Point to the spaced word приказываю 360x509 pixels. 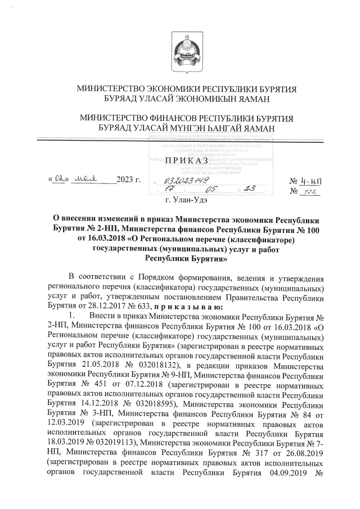[190, 307]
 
